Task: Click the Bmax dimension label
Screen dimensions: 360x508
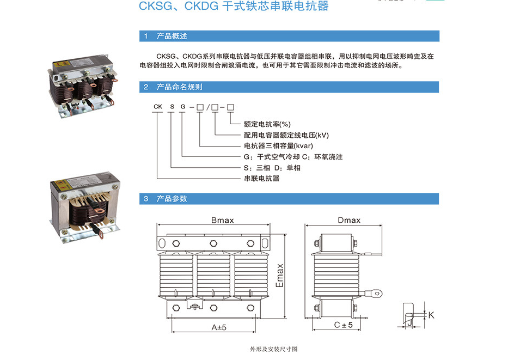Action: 222,221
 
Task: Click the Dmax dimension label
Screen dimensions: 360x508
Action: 349,221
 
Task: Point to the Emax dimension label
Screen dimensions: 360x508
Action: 280,276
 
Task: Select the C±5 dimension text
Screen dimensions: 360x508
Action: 343,325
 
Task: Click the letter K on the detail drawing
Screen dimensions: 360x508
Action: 431,315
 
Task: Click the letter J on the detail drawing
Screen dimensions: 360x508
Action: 408,322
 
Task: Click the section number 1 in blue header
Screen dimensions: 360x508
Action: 145,36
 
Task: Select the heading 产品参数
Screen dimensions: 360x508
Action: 172,199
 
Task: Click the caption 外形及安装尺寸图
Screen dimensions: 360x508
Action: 273,349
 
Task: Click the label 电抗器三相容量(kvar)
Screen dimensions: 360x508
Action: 278,145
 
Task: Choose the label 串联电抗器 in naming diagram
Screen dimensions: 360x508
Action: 261,178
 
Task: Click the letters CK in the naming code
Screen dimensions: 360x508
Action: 157,107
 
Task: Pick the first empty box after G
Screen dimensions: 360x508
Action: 200,107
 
